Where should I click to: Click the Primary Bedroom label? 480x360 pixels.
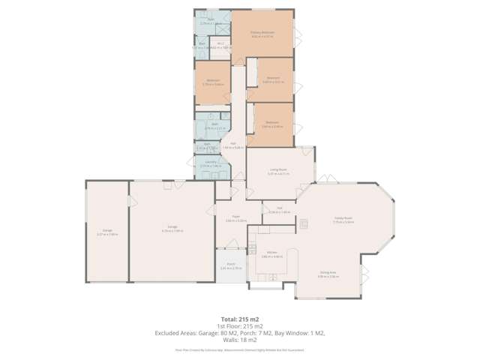(262, 33)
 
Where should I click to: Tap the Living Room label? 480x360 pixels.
(278, 170)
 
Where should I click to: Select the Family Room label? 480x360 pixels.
(343, 219)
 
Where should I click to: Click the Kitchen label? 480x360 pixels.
(271, 253)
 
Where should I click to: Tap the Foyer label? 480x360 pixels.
(236, 217)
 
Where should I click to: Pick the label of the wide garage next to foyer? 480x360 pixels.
(172, 228)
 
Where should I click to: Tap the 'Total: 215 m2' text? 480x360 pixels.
(240, 318)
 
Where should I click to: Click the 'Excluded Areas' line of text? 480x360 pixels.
(240, 332)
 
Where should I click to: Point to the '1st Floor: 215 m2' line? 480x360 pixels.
(240, 325)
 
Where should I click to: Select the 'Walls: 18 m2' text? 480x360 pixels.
(240, 340)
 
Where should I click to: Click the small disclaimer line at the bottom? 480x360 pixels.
(240, 349)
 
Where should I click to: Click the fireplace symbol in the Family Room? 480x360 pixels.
(304, 223)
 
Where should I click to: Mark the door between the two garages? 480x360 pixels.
(129, 201)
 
